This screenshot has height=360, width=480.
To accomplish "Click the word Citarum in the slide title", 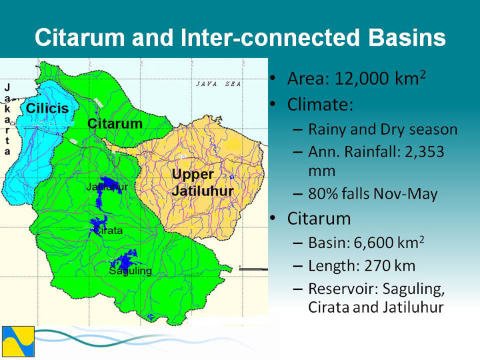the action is (80, 37).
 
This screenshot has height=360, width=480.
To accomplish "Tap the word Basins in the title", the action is (407, 37).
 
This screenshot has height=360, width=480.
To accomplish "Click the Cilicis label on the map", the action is (47, 109).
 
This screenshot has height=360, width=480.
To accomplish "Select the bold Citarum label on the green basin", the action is (115, 124).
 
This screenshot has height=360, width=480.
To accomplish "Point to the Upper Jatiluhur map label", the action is (203, 183).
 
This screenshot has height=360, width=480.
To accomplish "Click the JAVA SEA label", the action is (219, 84).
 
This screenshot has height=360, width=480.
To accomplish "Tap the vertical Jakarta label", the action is (7, 119).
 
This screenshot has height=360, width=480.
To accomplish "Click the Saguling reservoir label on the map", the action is (131, 271).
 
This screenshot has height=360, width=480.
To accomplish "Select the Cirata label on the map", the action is (108, 230).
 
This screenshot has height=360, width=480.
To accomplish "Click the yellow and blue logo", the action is (18, 341).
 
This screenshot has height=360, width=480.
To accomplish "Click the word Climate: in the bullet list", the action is (320, 105).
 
